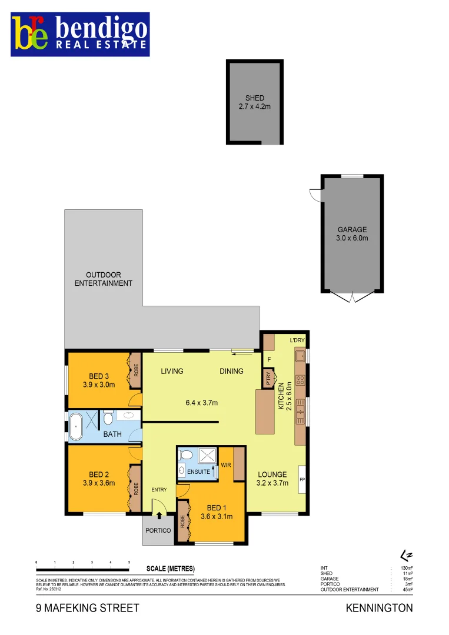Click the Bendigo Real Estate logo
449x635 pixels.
(x=80, y=34)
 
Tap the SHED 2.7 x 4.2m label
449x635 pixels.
(x=254, y=102)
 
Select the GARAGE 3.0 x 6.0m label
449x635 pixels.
(x=352, y=234)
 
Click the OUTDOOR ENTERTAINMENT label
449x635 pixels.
(x=103, y=279)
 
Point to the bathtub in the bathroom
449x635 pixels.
(x=77, y=426)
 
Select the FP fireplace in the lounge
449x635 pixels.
(x=302, y=480)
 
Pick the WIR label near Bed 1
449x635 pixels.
(x=226, y=464)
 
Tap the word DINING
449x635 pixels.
(x=232, y=371)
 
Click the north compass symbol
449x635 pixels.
(x=404, y=555)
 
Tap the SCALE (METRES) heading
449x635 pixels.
(x=170, y=569)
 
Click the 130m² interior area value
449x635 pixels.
(x=405, y=568)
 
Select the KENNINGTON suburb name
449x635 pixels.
(x=379, y=608)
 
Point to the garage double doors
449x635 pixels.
(x=352, y=297)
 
